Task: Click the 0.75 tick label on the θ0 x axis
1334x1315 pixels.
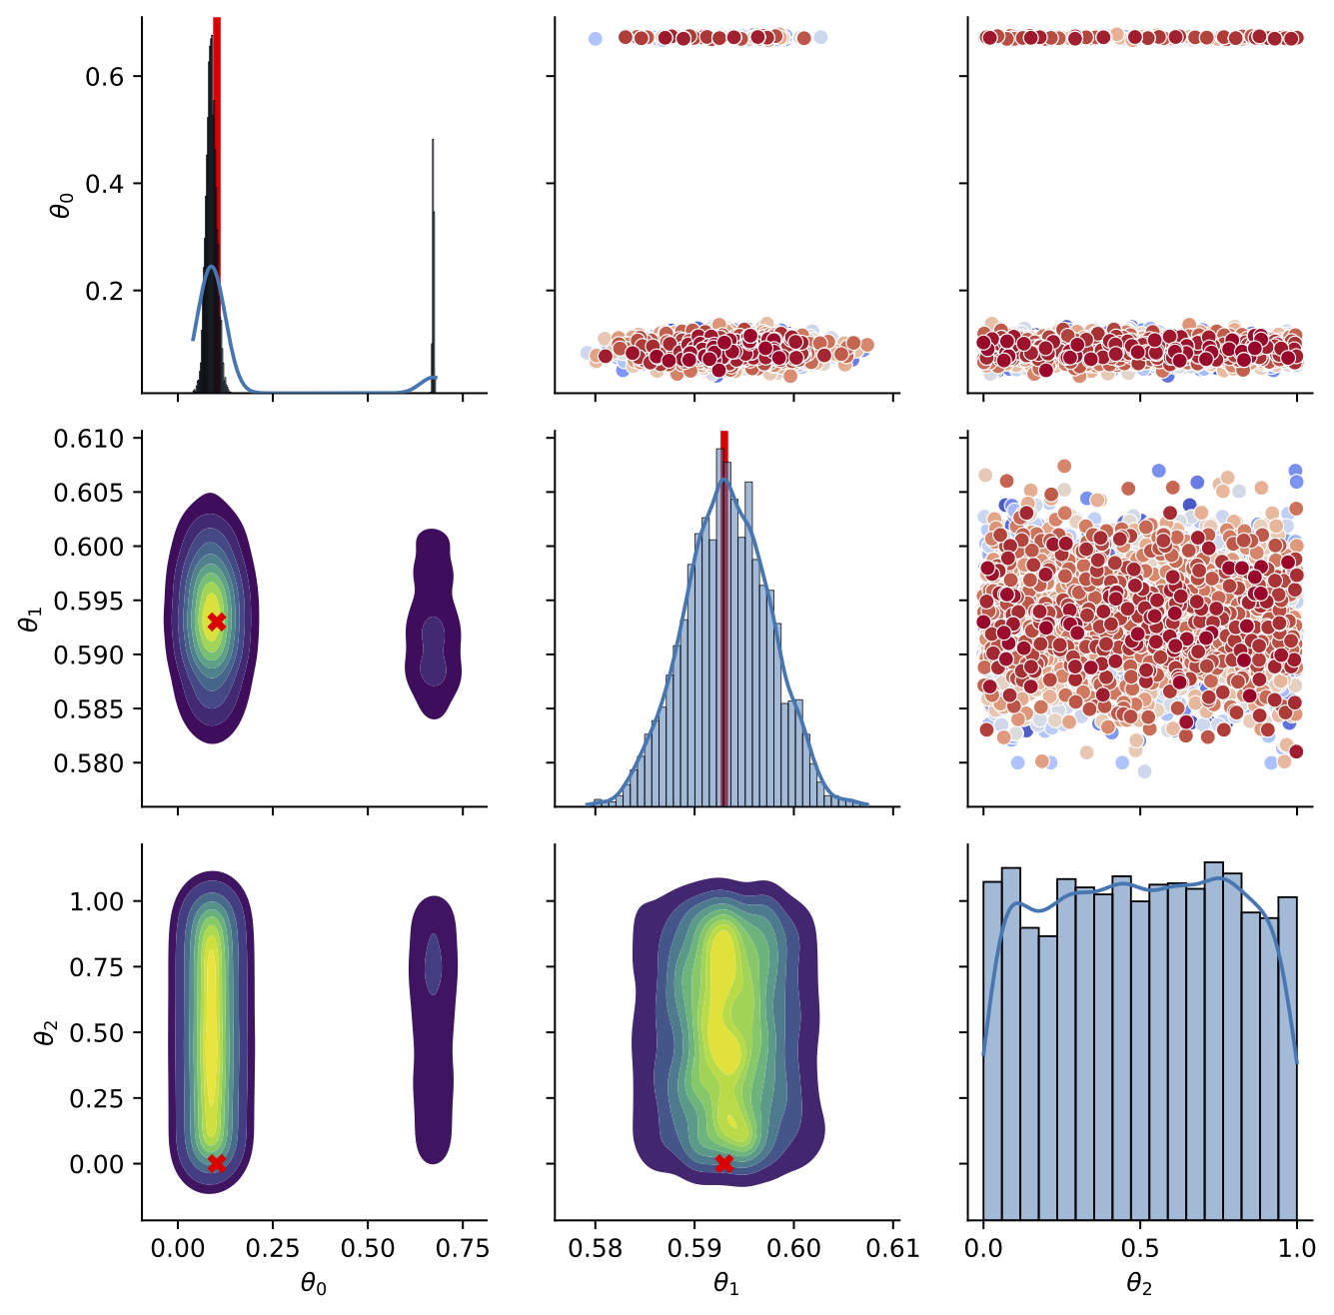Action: pos(463,1248)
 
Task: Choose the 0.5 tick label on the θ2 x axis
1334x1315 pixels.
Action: pos(1140,1248)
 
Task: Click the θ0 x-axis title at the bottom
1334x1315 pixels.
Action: pos(314,1284)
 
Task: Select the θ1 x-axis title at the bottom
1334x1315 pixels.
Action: pos(726,1284)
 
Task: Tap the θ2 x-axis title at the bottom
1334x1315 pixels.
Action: pos(1140,1284)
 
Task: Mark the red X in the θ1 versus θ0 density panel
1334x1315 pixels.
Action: pos(216,622)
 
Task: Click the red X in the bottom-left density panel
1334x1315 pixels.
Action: pos(216,1163)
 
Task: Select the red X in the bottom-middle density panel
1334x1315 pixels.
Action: pos(724,1163)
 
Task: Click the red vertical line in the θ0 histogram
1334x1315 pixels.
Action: pos(217,200)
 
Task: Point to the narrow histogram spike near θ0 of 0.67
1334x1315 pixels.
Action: pos(433,270)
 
